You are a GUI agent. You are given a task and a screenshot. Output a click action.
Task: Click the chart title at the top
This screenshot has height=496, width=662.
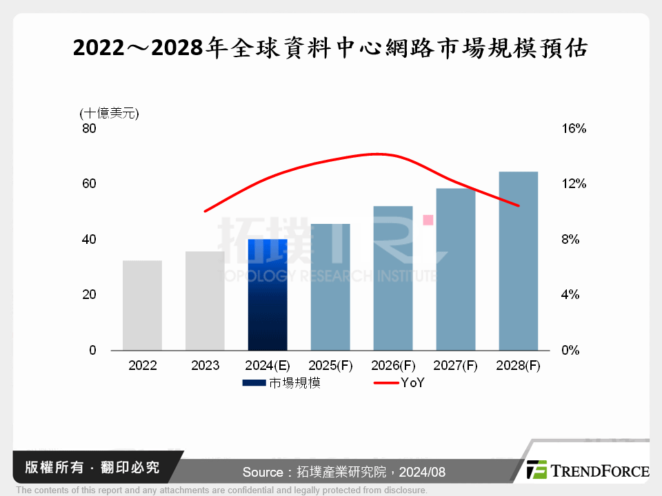point(330,49)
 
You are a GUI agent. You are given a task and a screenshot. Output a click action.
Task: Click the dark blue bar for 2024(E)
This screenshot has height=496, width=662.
point(267,295)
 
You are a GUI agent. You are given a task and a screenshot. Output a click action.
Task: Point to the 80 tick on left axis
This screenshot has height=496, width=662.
point(89,129)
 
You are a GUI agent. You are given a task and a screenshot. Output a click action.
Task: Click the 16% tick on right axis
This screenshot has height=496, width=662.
point(573,129)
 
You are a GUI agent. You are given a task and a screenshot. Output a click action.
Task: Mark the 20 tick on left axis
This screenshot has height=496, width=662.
point(89,295)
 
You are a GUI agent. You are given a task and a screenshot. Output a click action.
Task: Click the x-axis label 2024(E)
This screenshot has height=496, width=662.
point(267,366)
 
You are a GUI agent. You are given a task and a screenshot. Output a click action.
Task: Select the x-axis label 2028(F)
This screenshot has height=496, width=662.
point(518,366)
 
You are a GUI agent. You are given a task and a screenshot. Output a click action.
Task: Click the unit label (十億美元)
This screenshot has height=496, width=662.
point(109,113)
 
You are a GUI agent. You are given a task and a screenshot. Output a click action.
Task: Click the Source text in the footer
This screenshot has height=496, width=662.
point(343,472)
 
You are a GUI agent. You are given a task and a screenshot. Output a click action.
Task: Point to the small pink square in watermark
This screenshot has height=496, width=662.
point(428,220)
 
